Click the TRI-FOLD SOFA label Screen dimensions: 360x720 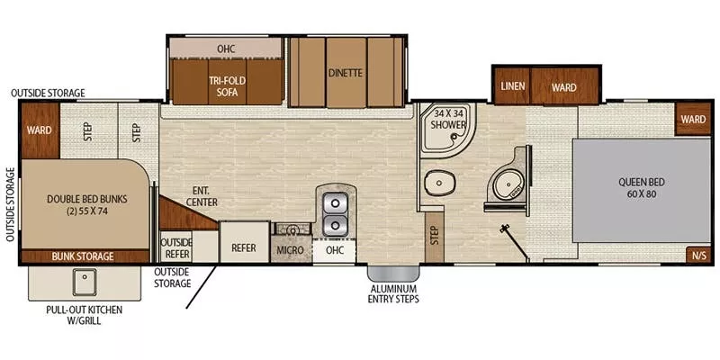(228, 85)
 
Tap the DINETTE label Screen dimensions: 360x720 (344, 73)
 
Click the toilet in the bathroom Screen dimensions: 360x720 (442, 184)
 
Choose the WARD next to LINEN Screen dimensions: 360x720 (564, 88)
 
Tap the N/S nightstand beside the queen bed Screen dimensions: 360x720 (698, 255)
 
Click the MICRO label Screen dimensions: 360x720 (290, 248)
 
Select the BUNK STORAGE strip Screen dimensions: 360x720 (82, 256)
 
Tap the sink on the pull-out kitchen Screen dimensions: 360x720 (86, 283)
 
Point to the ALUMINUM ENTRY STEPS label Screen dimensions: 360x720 (390, 293)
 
